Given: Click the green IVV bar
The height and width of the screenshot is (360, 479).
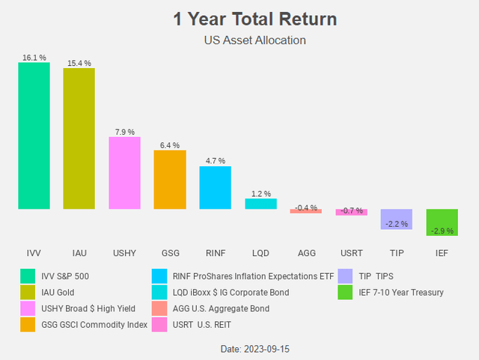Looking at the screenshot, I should [34, 135].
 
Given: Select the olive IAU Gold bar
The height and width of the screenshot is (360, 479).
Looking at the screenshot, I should [79, 138].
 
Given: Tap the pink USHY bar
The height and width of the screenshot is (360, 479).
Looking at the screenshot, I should [124, 172].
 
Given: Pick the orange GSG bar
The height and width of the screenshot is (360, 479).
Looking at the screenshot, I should [169, 180].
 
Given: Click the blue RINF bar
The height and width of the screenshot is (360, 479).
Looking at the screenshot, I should [215, 187].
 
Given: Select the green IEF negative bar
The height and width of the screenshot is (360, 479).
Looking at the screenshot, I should [442, 222].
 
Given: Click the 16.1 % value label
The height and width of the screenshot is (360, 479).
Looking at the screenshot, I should [34, 57].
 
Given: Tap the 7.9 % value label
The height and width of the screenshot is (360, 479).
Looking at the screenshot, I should [124, 132].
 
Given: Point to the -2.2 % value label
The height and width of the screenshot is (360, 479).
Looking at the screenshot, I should [397, 224].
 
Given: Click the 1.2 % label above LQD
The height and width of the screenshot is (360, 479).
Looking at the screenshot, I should [260, 194].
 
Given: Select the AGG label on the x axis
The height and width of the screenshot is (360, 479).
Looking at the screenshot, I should [305, 254].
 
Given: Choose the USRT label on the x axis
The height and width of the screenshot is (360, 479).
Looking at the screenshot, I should [351, 254].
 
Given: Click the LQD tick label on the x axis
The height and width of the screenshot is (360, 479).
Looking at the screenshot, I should [260, 254].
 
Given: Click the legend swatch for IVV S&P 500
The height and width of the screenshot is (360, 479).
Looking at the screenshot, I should [28, 276].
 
